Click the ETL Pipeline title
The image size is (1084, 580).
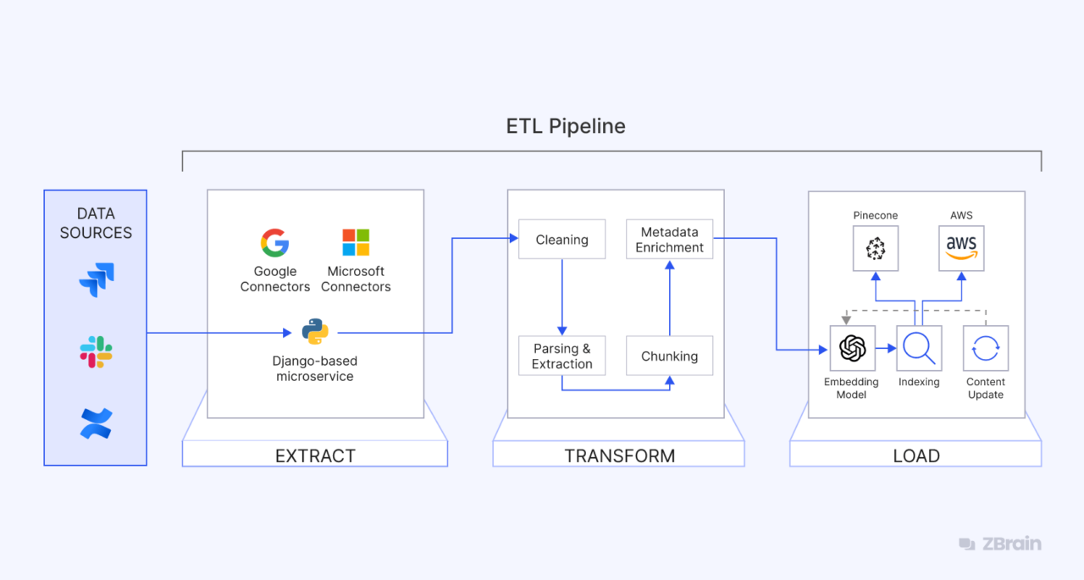tap(566, 127)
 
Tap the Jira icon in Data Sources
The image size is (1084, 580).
tap(97, 279)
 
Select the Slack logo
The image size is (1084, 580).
tap(97, 351)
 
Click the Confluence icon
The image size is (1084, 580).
tap(97, 423)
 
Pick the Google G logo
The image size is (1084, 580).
tap(274, 243)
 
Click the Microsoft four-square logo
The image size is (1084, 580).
tap(356, 243)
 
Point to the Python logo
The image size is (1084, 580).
tap(315, 332)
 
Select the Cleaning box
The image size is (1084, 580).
tap(561, 240)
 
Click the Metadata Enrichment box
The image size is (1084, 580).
tap(669, 240)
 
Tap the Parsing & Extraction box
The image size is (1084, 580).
tap(561, 356)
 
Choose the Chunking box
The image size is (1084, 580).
tap(669, 356)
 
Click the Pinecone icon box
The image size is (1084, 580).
tap(875, 248)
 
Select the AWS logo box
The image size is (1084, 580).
tap(961, 248)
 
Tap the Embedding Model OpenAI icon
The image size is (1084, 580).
tap(852, 348)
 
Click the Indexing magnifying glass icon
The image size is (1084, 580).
tap(919, 348)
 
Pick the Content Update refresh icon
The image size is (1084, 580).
tap(986, 348)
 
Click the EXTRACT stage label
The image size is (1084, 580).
tap(315, 456)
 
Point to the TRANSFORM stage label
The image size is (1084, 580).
tap(619, 456)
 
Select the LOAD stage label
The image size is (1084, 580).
tap(915, 456)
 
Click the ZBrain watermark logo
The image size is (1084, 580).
tap(1000, 544)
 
